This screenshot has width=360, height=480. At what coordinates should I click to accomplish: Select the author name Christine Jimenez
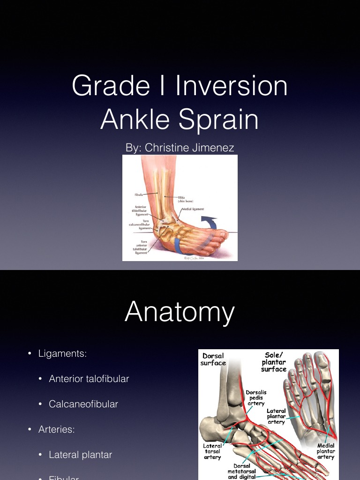(x=189, y=148)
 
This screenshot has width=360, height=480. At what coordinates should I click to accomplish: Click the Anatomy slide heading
(x=180, y=312)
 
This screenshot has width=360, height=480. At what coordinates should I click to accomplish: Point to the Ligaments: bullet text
(x=62, y=353)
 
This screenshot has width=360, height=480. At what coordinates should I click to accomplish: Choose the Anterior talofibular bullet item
(x=89, y=379)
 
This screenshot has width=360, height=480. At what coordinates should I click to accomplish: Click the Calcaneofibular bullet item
(x=83, y=404)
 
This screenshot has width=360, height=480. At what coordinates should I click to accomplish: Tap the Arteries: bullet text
(x=56, y=429)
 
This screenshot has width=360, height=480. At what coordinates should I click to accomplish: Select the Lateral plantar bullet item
(x=80, y=454)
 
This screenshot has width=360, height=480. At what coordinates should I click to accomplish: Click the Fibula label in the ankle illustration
(x=139, y=193)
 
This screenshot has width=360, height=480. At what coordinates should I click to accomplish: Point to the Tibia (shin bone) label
(x=185, y=199)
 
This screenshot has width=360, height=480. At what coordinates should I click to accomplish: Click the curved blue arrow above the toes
(x=210, y=221)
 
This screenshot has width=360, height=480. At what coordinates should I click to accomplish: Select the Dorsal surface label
(x=213, y=360)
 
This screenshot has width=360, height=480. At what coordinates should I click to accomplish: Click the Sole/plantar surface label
(x=274, y=362)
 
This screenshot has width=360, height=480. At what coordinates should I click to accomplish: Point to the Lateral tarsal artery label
(x=212, y=451)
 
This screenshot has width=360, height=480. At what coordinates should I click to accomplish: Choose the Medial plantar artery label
(x=326, y=451)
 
